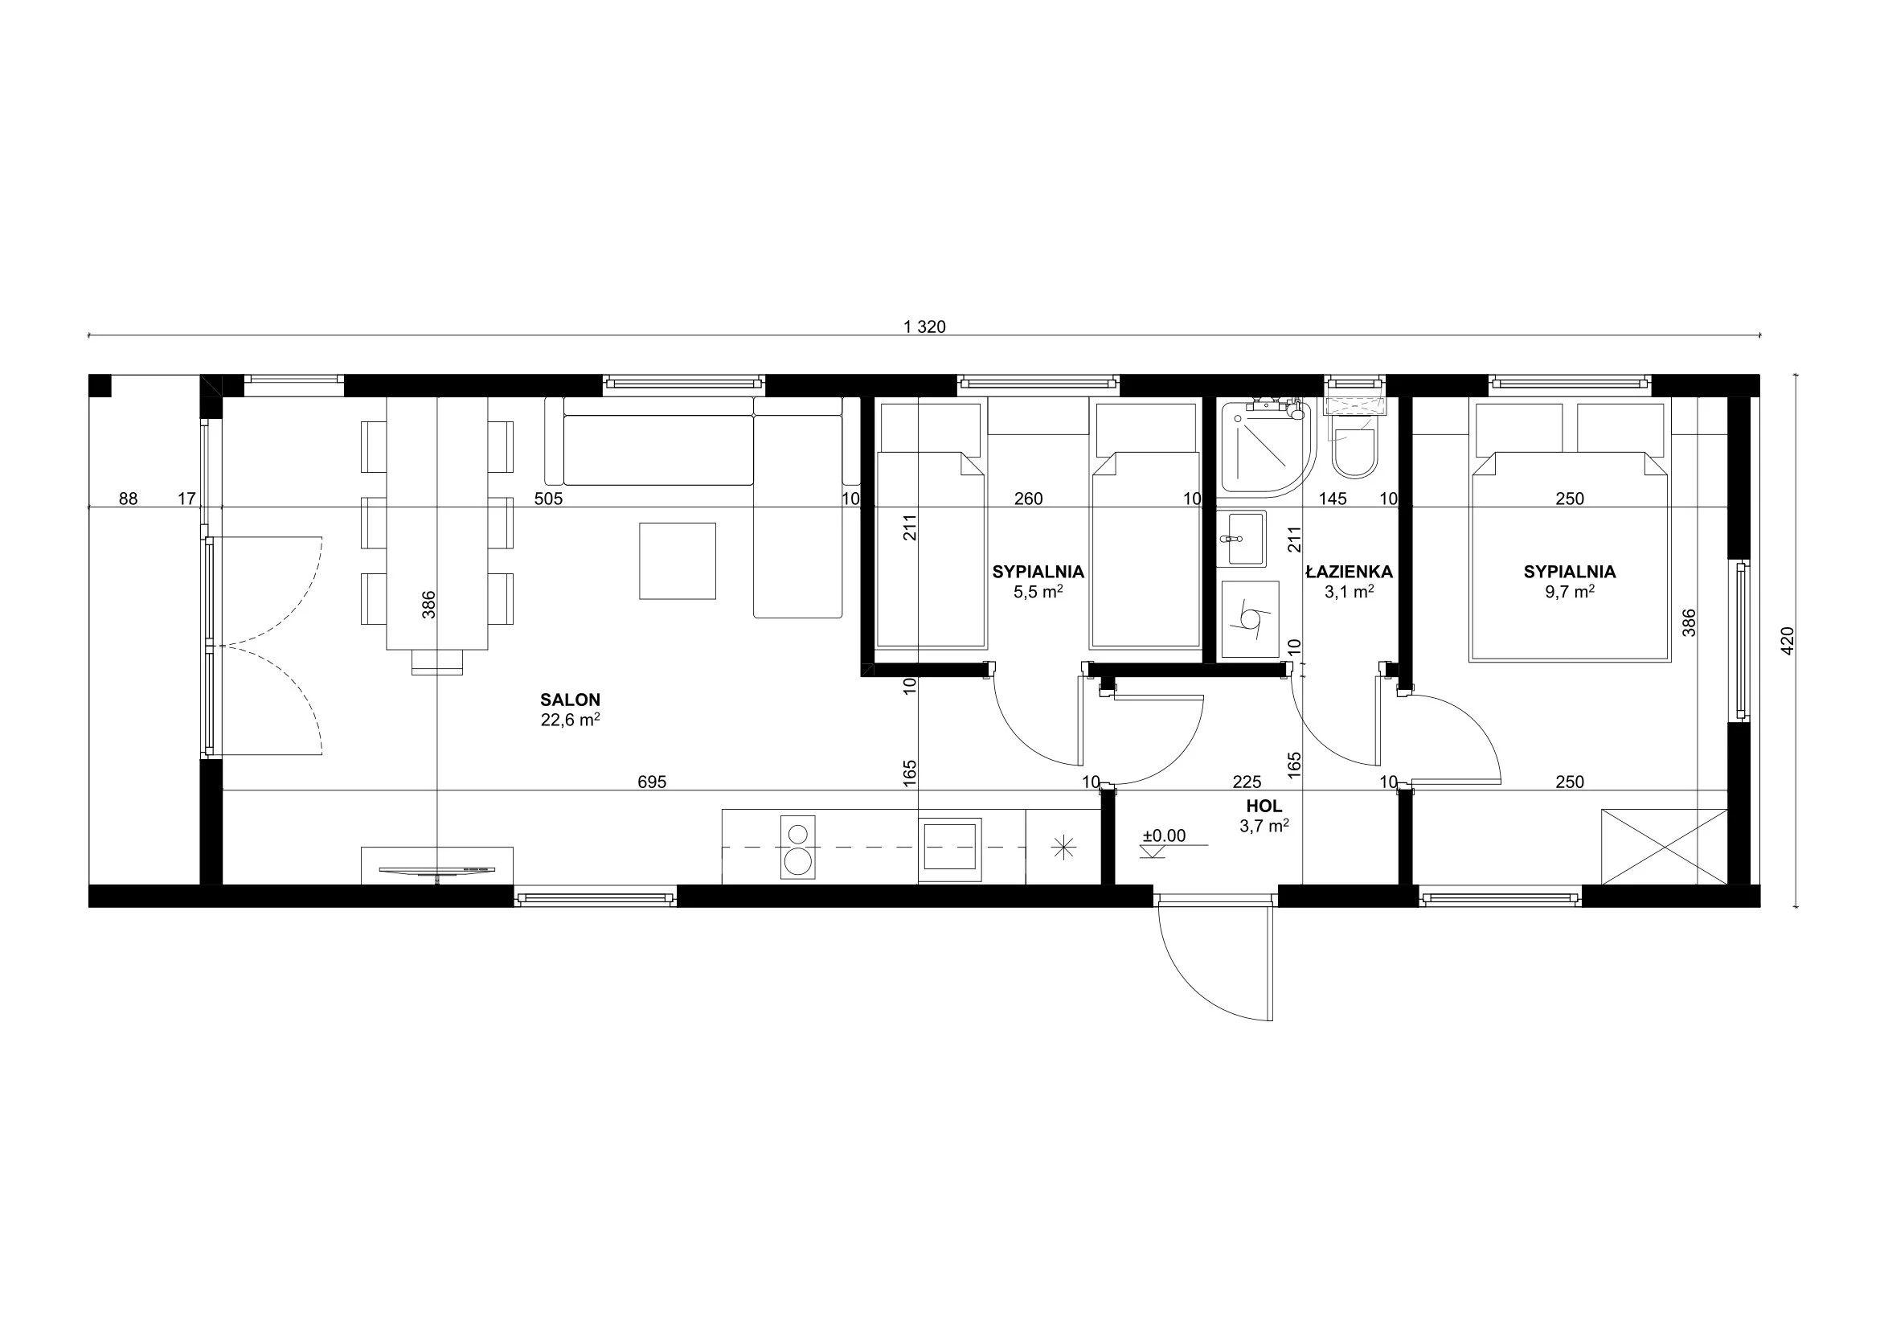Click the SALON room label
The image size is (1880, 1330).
point(570,700)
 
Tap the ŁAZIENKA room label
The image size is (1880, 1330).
point(1349,572)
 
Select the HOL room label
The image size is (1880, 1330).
point(1264,807)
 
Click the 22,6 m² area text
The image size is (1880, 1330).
point(570,720)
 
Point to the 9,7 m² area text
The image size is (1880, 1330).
point(1569,591)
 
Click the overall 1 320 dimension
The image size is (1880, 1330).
point(924,326)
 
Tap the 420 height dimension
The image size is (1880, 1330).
point(1788,640)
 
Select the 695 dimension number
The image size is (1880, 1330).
point(652,782)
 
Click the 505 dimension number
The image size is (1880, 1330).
point(549,499)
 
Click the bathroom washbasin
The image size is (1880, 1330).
point(1241,539)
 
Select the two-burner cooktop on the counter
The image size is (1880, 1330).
point(798,848)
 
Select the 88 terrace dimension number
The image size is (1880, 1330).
point(129,499)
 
